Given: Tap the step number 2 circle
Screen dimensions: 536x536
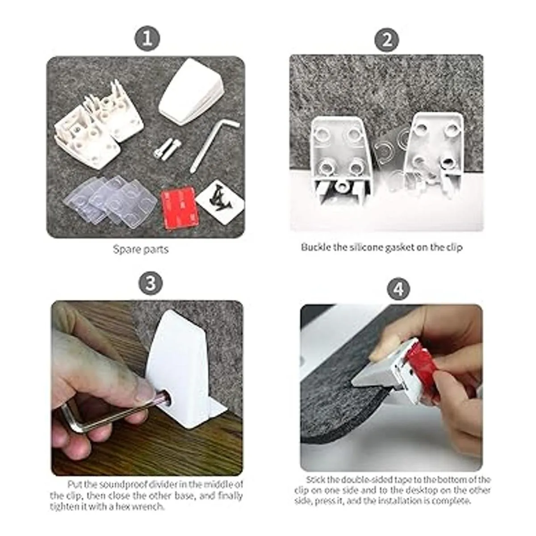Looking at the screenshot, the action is pos(386,41).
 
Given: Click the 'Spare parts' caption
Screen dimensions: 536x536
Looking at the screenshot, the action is pos(140,249).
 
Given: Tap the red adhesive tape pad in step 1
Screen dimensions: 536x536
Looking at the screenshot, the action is pos(180,206).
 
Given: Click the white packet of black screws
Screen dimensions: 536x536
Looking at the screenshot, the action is pos(220,197).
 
